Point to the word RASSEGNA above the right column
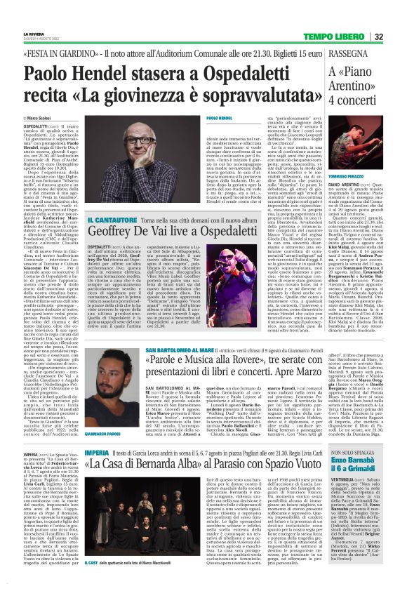pos(351,53)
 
